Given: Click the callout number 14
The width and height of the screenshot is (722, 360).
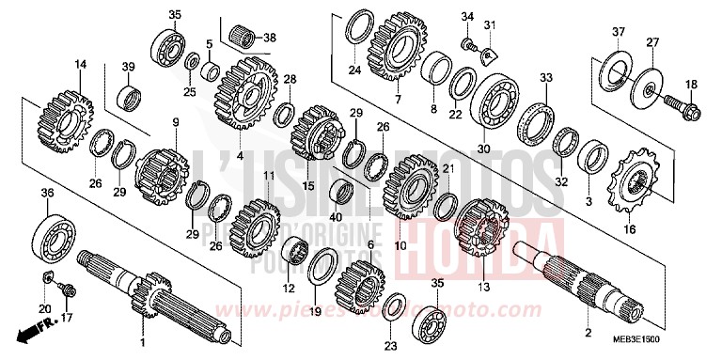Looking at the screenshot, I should (x=80, y=64).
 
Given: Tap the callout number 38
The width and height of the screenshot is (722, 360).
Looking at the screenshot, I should (x=271, y=39).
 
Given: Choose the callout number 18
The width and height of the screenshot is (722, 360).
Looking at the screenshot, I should (x=691, y=85).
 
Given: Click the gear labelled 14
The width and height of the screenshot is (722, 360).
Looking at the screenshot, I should (x=64, y=118).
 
